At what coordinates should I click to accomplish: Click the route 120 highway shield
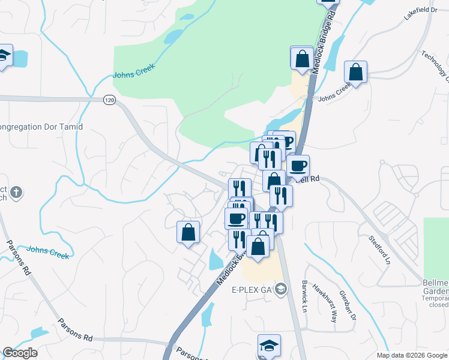108,100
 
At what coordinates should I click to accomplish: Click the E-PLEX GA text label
252,290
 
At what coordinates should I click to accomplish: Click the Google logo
20,353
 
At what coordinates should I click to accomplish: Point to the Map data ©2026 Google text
412,355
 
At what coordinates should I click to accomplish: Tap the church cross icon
17,193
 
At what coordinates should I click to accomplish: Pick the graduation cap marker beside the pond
4,56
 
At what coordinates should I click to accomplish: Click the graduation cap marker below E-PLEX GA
268,345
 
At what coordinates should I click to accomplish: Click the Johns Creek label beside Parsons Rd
47,251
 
